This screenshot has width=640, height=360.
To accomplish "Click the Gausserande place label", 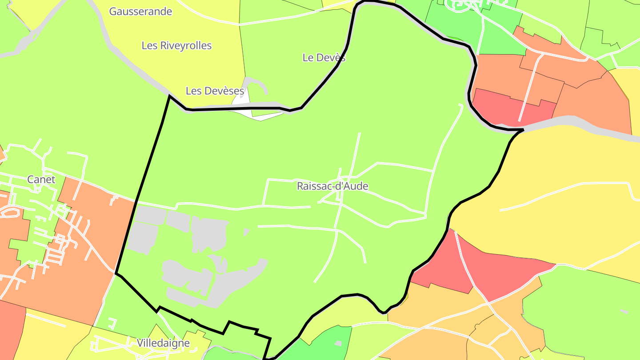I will [x=140, y=12].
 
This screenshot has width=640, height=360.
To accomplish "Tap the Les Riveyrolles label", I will [x=176, y=45].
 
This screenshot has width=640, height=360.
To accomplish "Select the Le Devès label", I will [x=324, y=57].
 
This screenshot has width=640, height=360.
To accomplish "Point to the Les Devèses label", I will [x=215, y=91].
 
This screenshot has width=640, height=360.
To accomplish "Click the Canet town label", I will [x=41, y=180].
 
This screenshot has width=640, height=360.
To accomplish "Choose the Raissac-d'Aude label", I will [x=332, y=186].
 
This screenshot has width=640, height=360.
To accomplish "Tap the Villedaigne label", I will [x=163, y=343].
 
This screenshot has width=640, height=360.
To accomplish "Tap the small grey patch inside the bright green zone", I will [x=338, y=344].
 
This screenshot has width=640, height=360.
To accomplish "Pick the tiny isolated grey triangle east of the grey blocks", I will [x=246, y=232].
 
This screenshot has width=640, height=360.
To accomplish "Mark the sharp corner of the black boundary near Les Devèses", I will [x=169, y=96].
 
